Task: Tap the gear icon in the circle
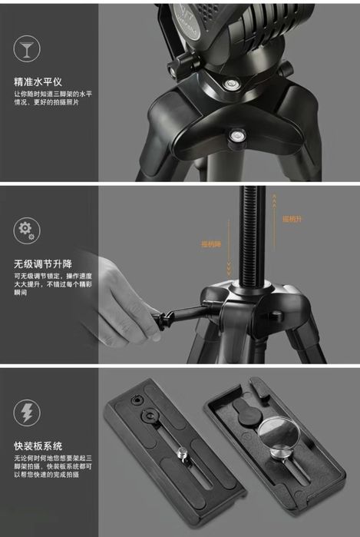27,229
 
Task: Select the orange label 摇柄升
293,219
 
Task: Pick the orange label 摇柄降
210,244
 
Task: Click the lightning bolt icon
27,413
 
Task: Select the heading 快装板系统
39,446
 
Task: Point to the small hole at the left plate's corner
136,400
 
